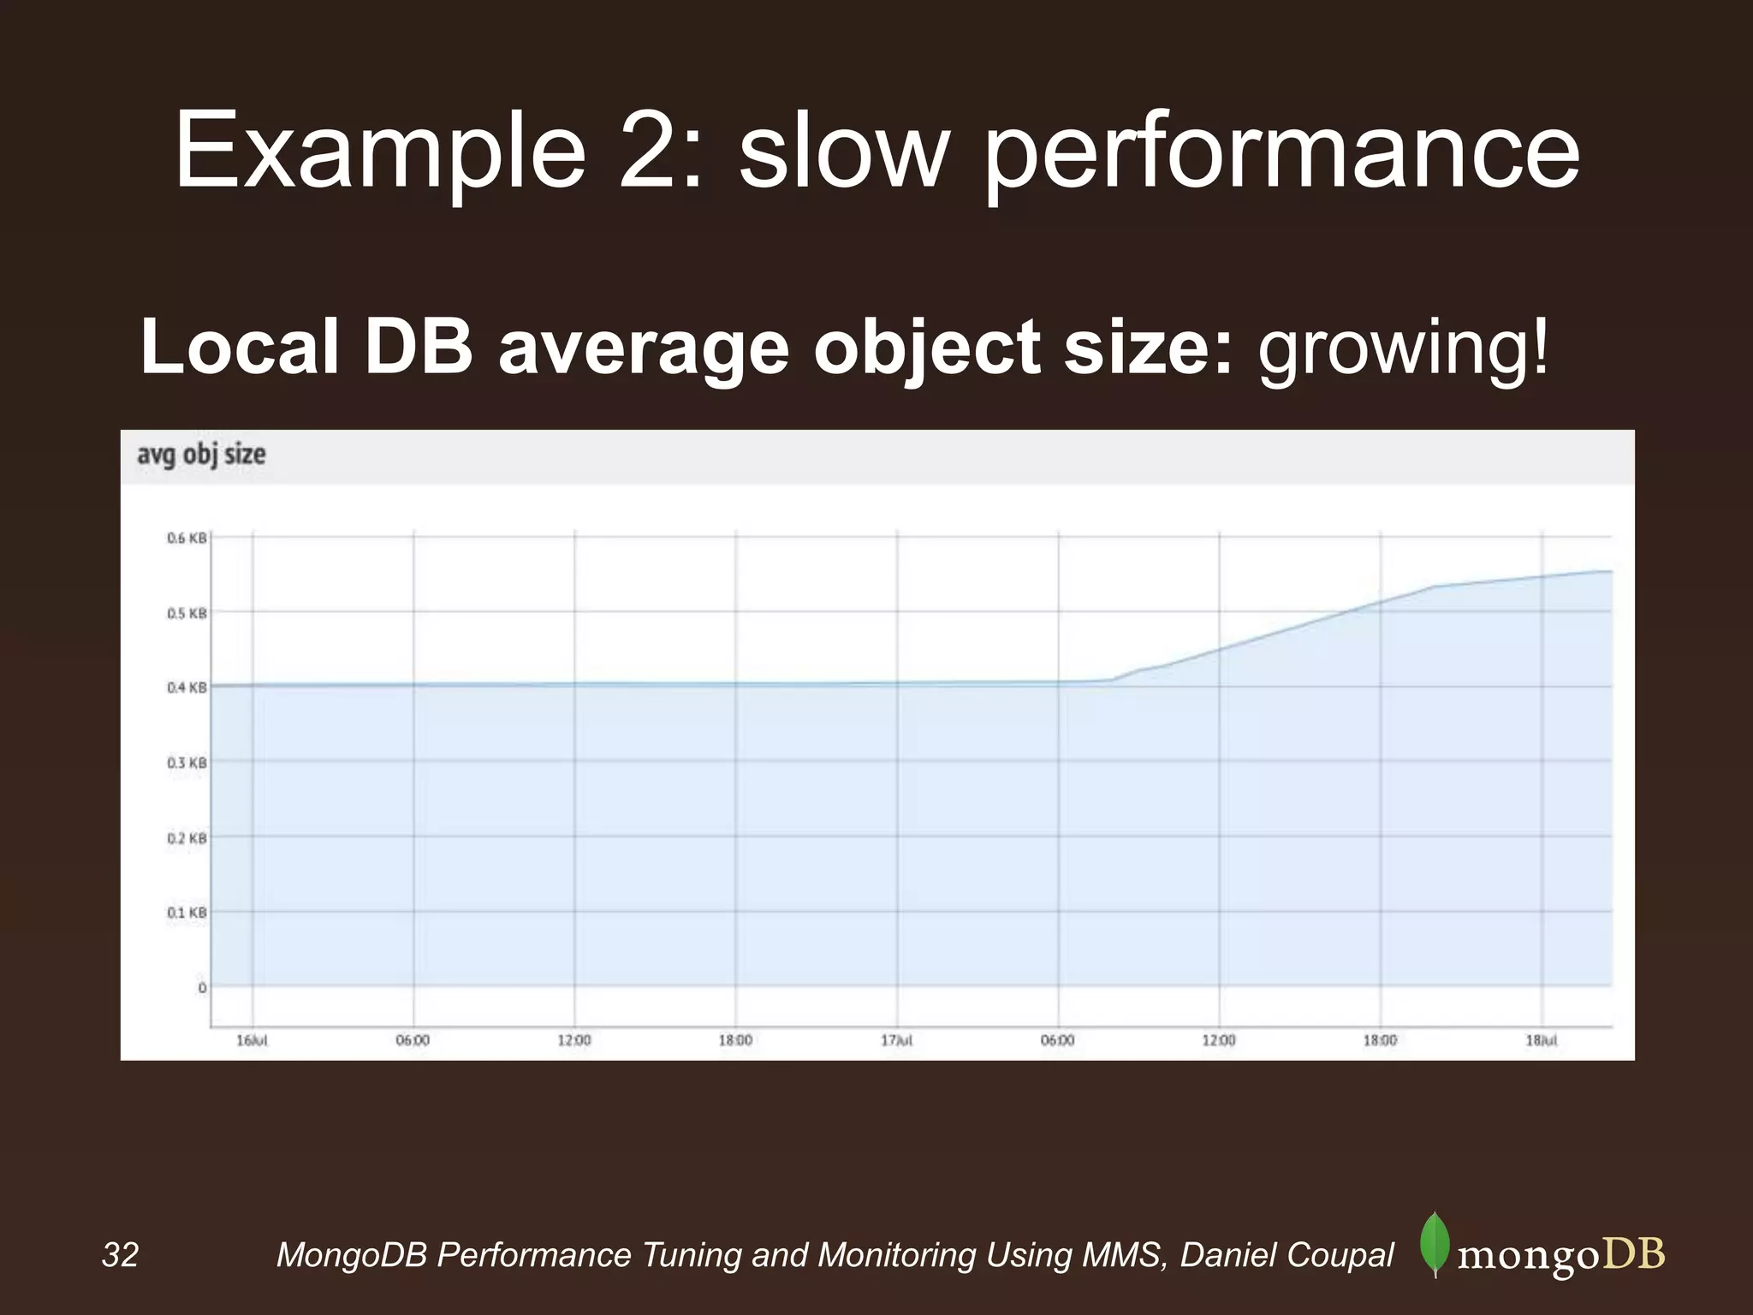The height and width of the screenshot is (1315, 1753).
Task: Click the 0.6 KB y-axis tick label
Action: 187,538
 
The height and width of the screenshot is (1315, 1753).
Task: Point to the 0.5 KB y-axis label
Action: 187,613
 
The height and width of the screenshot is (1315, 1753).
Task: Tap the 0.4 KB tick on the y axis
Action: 187,687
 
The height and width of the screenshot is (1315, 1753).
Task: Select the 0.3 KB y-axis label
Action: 187,762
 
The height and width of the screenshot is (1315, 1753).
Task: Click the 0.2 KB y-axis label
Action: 187,838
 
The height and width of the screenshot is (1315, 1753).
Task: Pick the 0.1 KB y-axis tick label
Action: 187,913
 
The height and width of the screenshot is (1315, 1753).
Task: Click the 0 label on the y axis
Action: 202,988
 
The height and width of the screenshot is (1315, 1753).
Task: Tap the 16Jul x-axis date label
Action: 252,1040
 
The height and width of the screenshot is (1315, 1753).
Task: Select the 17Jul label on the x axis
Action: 897,1040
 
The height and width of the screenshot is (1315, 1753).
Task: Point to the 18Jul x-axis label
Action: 1542,1040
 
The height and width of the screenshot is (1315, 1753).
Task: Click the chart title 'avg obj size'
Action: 201,455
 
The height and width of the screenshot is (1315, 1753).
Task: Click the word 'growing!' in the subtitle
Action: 1403,348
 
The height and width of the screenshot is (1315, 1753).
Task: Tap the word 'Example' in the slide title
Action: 380,152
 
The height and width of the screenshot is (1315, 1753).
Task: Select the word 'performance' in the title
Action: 1281,152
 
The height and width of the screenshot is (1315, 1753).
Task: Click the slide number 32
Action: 120,1255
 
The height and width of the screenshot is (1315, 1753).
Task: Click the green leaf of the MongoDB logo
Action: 1435,1242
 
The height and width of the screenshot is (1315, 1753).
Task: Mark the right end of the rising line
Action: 1612,571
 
